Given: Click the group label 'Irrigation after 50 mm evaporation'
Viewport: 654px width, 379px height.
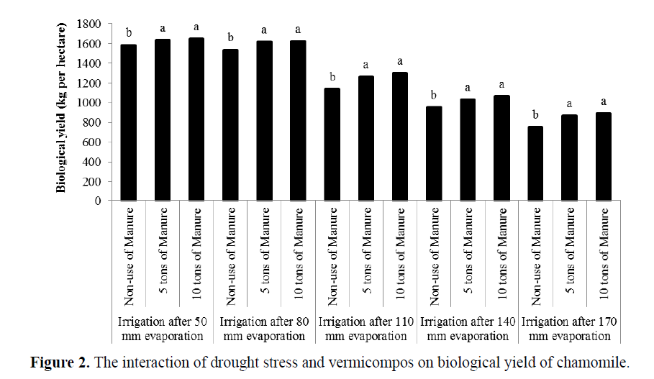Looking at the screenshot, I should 163,328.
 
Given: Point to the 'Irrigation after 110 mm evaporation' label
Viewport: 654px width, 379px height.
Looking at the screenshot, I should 365,328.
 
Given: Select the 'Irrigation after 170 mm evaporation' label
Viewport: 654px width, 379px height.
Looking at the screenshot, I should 568,328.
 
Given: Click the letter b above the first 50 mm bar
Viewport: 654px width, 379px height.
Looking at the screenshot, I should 129,32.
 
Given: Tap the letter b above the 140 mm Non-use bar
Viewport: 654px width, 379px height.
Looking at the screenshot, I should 433,94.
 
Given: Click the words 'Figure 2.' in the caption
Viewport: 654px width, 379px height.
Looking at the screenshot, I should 55,361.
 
